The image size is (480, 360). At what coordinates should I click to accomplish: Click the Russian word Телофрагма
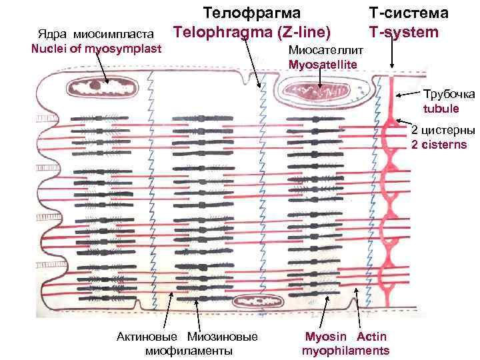click(x=251, y=13)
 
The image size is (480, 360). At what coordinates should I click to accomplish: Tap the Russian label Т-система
click(x=409, y=13)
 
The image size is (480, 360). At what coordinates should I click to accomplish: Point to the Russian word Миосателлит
click(x=325, y=51)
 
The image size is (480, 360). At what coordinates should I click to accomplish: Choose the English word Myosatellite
click(x=323, y=64)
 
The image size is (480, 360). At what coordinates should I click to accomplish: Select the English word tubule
click(x=441, y=108)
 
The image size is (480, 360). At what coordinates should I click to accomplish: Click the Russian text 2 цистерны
click(x=443, y=130)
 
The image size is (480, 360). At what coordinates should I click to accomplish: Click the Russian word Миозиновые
click(x=223, y=336)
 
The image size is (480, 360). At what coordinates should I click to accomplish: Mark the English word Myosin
click(x=324, y=336)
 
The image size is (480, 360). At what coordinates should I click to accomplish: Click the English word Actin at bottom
click(x=371, y=336)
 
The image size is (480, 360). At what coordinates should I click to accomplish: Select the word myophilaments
click(x=345, y=351)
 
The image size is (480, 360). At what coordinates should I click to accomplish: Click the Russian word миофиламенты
click(x=189, y=351)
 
